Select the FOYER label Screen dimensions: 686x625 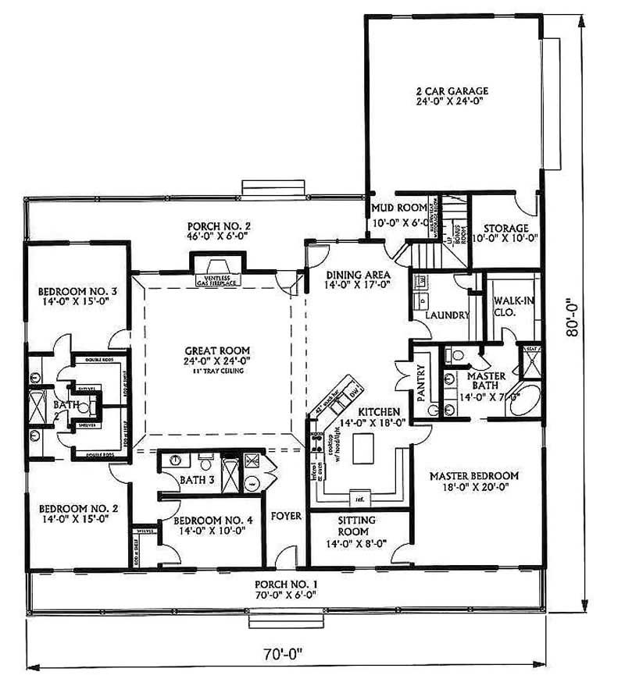(286, 516)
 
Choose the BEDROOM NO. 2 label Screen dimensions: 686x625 (72, 511)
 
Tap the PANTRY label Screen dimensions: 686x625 (420, 383)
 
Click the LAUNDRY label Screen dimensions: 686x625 (448, 315)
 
